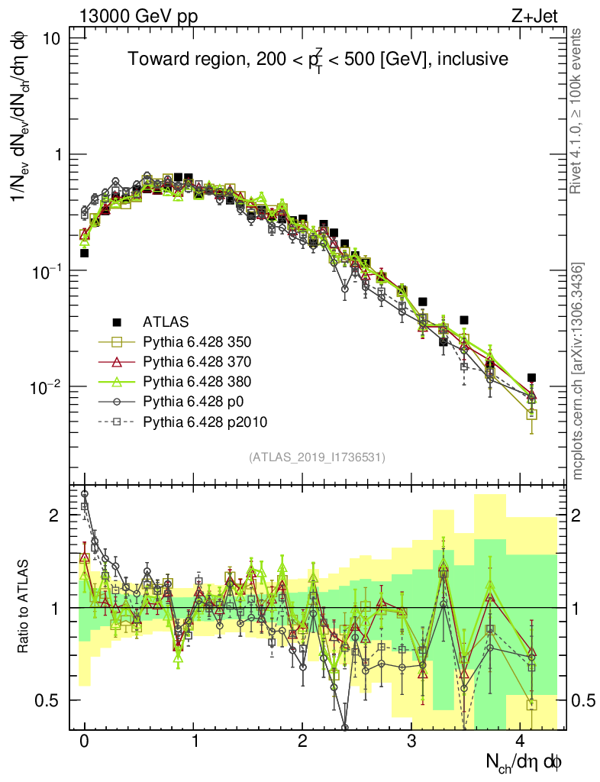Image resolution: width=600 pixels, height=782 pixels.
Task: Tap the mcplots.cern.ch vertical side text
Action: pyautogui.click(x=579, y=371)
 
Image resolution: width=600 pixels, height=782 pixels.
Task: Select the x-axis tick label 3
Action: pyautogui.click(x=412, y=740)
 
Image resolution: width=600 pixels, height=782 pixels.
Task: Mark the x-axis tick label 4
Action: pyautogui.click(x=521, y=740)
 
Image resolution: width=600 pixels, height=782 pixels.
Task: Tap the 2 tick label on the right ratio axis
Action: pyautogui.click(x=583, y=515)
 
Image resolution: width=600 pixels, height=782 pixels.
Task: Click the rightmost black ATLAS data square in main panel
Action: pyautogui.click(x=531, y=378)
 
